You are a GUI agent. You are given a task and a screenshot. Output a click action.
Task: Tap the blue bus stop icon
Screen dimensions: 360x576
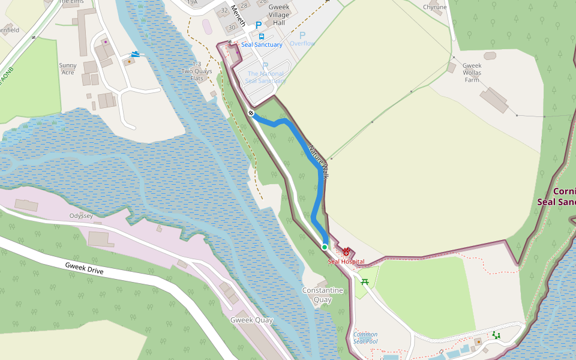coord(262,37)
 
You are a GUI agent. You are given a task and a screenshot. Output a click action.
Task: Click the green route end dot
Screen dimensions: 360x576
coord(325,247)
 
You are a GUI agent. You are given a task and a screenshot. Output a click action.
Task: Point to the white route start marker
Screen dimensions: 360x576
coord(251,113)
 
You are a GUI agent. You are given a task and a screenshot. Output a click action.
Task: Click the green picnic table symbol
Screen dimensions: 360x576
coord(364,281)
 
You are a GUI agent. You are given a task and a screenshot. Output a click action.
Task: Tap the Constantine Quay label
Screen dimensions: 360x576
coord(323,295)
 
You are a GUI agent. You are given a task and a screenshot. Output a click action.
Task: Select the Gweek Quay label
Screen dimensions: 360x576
coord(251,320)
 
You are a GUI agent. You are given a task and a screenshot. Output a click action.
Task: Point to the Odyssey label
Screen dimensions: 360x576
coord(82,215)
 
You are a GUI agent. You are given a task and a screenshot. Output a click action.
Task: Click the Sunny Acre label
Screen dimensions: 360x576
coord(67,68)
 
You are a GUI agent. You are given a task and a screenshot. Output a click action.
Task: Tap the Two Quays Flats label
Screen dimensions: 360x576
coord(197,71)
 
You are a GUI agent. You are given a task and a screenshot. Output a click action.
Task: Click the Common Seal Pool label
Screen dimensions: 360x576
coord(365,338)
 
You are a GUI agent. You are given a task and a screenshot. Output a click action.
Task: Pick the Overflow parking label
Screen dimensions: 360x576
coord(302,43)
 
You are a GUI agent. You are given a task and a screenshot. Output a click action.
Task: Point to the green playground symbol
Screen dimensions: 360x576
coord(496,335)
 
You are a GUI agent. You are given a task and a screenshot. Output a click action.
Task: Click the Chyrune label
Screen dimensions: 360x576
coord(435,7)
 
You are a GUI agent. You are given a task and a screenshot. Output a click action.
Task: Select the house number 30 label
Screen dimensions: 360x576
coord(232,28)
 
